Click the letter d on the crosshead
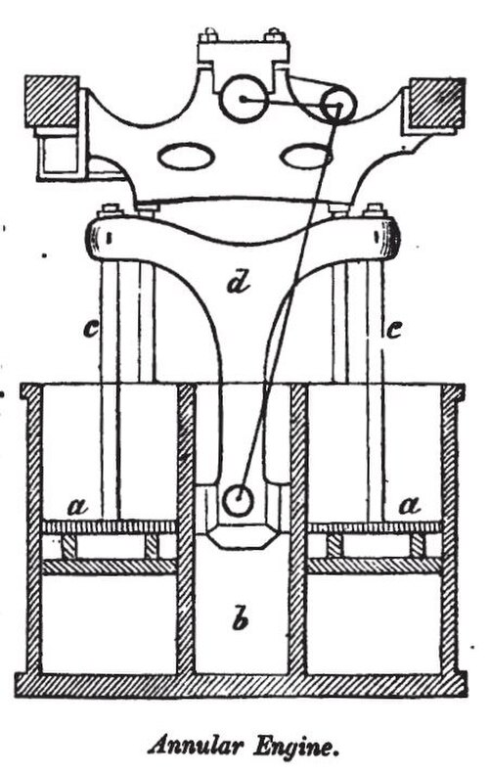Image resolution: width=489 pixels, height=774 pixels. tap(238, 284)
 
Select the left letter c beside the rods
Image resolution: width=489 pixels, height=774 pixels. tap(90, 329)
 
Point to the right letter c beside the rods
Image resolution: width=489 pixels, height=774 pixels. tap(393, 329)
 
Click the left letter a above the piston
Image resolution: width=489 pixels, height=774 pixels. tap(77, 505)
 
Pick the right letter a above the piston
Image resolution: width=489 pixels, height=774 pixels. tap(411, 505)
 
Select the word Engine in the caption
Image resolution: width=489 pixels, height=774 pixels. tap(296, 747)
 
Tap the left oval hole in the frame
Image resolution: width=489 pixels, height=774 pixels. tap(186, 157)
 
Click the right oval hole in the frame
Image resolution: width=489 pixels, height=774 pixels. tap(305, 157)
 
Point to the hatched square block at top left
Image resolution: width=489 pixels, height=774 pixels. tap(52, 101)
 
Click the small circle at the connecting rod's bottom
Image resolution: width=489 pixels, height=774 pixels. tap(238, 500)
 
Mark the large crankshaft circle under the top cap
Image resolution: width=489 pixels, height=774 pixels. tap(244, 98)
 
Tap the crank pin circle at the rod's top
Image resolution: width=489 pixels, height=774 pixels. tap(338, 105)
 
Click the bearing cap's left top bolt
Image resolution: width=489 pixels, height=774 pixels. tap(208, 35)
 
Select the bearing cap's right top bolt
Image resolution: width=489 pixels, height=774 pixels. tap(275, 35)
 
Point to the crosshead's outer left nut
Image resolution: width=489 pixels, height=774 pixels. tap(109, 209)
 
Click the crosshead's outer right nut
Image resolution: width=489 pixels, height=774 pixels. tap(375, 209)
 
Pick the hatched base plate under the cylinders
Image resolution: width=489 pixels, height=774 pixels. tap(242, 684)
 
